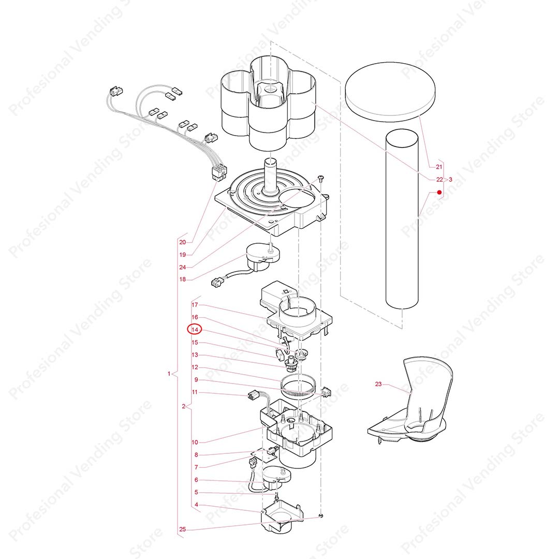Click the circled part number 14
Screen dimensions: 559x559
tap(195, 329)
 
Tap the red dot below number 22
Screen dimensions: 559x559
tap(439, 192)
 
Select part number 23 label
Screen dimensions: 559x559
tap(378, 384)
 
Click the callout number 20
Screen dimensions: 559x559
tap(183, 242)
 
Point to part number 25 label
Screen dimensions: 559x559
tap(183, 529)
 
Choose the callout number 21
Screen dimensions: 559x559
tap(439, 167)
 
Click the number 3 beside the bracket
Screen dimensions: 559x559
tap(450, 179)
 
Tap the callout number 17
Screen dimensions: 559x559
tap(195, 305)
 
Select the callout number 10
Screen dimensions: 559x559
tap(195, 442)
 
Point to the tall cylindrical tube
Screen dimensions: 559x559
tap(402, 219)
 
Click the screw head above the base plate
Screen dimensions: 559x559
tap(321, 177)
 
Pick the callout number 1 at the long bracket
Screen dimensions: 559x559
tap(169, 374)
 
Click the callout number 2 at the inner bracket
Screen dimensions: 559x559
tap(184, 406)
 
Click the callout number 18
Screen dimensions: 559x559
tap(183, 279)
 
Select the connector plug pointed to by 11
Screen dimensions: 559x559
tap(253, 396)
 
